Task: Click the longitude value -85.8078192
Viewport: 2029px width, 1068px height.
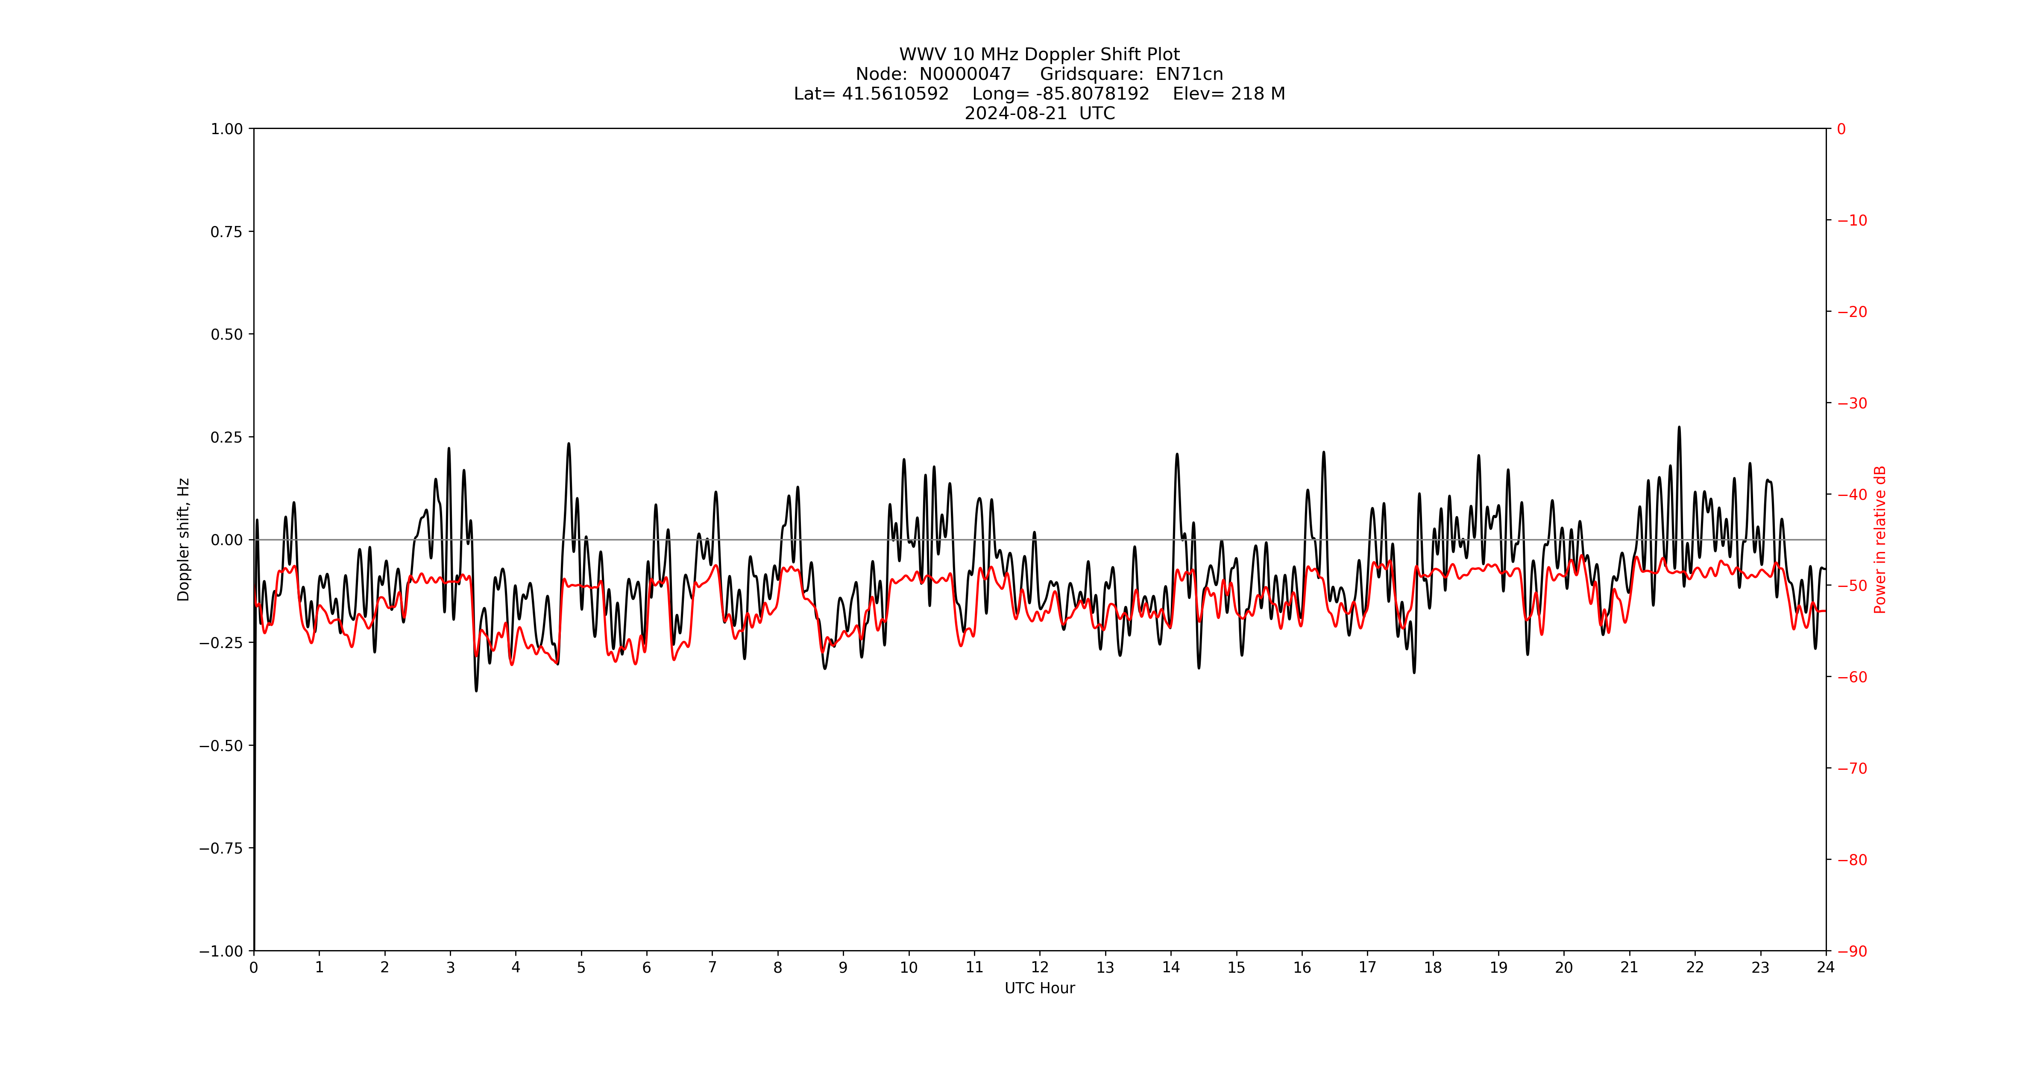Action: tap(1093, 94)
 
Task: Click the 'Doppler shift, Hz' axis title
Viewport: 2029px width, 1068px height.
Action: tap(184, 540)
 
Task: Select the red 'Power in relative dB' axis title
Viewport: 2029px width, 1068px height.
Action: tap(1879, 540)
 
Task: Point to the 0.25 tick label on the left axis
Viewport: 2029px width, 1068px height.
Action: tap(226, 437)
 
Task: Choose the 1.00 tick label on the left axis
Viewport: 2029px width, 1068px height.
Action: tap(226, 129)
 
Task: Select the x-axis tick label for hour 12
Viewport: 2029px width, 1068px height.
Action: tap(1040, 967)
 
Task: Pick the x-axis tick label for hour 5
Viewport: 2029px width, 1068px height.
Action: tap(581, 967)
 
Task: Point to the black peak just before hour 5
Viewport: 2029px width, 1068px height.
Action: tap(569, 443)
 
